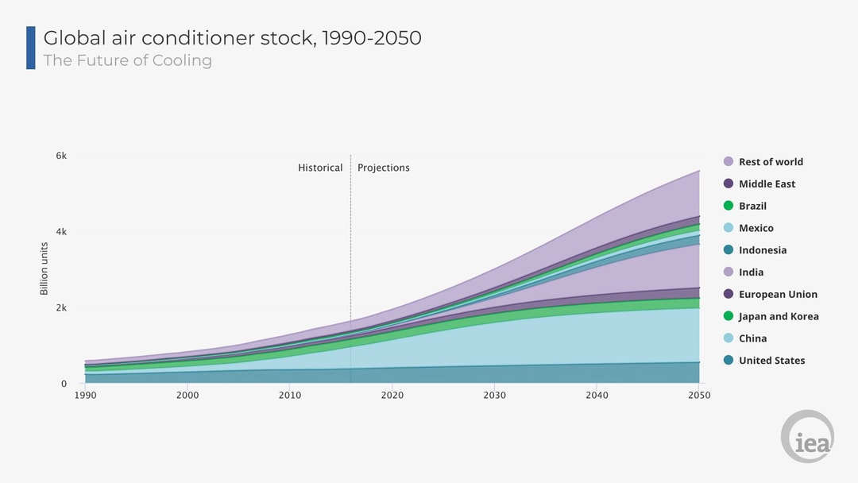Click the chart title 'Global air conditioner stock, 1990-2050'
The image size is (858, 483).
coord(232,37)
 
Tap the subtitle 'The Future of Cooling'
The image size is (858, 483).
coord(127,60)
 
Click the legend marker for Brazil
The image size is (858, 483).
coord(729,206)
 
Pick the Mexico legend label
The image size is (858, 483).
coord(756,228)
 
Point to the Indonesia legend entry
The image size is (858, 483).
coord(762,250)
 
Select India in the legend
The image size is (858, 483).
coord(751,272)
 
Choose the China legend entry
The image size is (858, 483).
coord(752,338)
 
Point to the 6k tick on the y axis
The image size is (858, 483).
coord(60,156)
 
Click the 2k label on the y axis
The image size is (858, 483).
coord(60,308)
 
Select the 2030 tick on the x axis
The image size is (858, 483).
coord(494,395)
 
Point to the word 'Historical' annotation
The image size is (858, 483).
coord(320,168)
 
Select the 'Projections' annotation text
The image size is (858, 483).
coord(384,168)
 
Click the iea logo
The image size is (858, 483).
coord(807,436)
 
